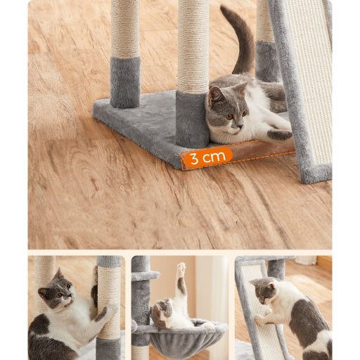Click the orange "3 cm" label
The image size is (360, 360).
[207, 157]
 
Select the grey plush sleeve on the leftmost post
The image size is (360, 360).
[125, 82]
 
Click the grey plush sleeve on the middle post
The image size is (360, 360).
[192, 119]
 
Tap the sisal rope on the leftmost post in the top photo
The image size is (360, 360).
[125, 28]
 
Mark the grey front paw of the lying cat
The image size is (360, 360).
[279, 135]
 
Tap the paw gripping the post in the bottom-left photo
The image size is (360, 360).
[102, 314]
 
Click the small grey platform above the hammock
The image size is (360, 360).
[146, 276]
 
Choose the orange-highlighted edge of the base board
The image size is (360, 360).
[238, 155]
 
